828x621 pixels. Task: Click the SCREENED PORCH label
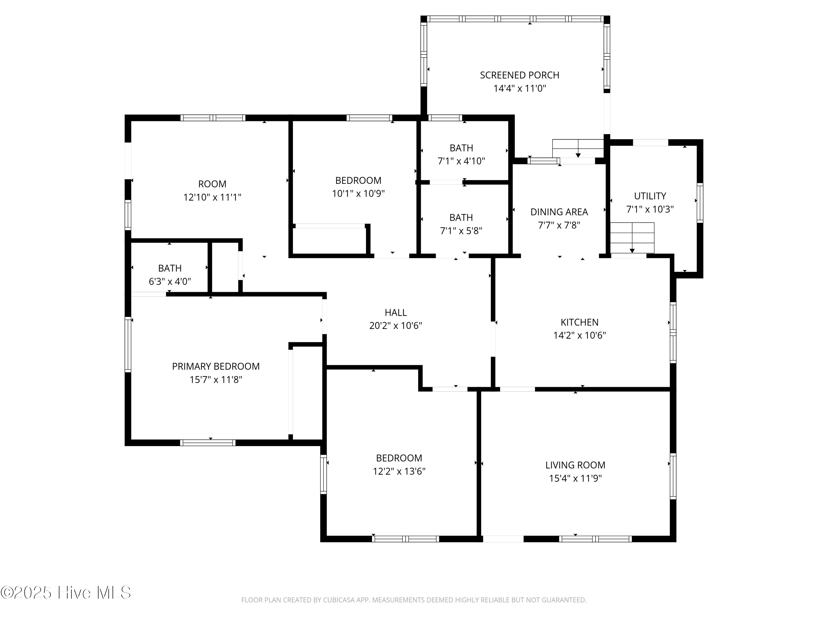click(x=519, y=75)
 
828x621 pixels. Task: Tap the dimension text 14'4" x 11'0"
click(x=519, y=89)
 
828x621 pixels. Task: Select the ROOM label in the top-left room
click(x=212, y=184)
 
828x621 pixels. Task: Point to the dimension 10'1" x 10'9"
click(x=358, y=193)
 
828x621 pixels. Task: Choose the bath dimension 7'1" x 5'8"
click(x=461, y=230)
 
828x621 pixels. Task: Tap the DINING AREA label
click(x=559, y=212)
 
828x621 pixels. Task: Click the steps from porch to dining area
click(x=578, y=148)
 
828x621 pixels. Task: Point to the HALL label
click(x=395, y=312)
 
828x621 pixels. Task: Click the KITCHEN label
click(x=579, y=322)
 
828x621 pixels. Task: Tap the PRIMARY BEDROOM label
click(x=216, y=367)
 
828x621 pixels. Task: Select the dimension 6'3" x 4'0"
click(x=169, y=282)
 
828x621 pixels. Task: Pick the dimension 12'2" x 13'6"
click(x=399, y=471)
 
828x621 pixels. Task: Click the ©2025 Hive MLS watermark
click(x=66, y=593)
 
